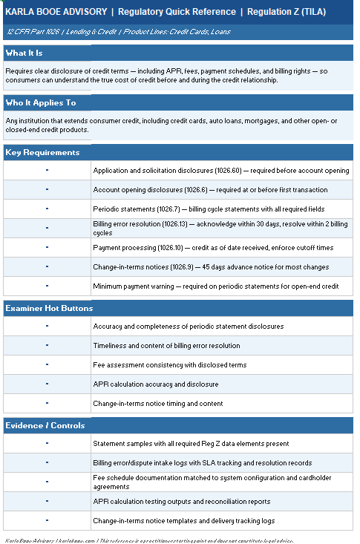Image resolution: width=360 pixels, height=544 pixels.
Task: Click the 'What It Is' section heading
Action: (24, 53)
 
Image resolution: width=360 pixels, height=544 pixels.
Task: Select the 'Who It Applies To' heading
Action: (41, 103)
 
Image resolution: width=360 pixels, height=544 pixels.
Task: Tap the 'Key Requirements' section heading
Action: (42, 153)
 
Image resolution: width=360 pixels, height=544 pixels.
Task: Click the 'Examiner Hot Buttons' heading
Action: (49, 307)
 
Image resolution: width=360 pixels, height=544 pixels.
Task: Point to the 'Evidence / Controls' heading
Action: (45, 425)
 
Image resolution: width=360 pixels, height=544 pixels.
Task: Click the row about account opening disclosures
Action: (211, 190)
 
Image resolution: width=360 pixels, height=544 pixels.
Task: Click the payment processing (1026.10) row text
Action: (213, 248)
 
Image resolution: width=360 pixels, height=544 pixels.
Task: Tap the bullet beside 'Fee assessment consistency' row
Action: (47, 364)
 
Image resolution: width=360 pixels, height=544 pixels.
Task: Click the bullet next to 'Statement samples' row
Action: (47, 443)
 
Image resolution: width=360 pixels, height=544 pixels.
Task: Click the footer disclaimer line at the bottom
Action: (148, 540)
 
